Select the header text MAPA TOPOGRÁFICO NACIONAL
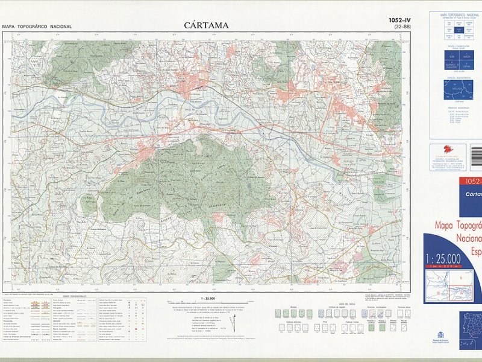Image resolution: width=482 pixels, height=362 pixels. pos(37,27)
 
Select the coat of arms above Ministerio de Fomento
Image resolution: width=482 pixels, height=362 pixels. pos(439,334)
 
